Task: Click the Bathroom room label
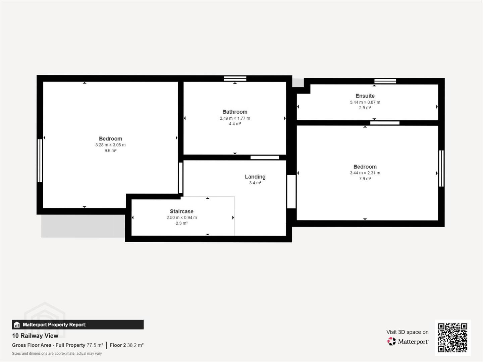pyautogui.click(x=235, y=112)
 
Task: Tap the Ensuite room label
pyautogui.click(x=365, y=96)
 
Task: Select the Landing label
pyautogui.click(x=255, y=177)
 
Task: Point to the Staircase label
pyautogui.click(x=181, y=211)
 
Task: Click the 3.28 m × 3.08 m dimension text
pyautogui.click(x=110, y=145)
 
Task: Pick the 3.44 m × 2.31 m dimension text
pyautogui.click(x=365, y=173)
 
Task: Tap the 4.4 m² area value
pyautogui.click(x=235, y=124)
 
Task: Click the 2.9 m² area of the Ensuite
pyautogui.click(x=365, y=108)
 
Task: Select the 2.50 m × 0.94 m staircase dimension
pyautogui.click(x=181, y=218)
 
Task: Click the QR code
pyautogui.click(x=452, y=338)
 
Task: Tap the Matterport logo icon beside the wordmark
pyautogui.click(x=391, y=341)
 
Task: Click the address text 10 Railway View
pyautogui.click(x=35, y=336)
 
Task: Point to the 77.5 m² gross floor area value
pyautogui.click(x=95, y=345)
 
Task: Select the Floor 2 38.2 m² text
pyautogui.click(x=126, y=345)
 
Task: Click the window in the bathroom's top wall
pyautogui.click(x=235, y=78)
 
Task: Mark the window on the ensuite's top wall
pyautogui.click(x=385, y=81)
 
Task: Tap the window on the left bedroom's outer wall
pyautogui.click(x=40, y=161)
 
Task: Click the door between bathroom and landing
pyautogui.click(x=265, y=158)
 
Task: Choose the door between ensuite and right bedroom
pyautogui.click(x=385, y=123)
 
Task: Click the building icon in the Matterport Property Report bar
pyautogui.click(x=17, y=325)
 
